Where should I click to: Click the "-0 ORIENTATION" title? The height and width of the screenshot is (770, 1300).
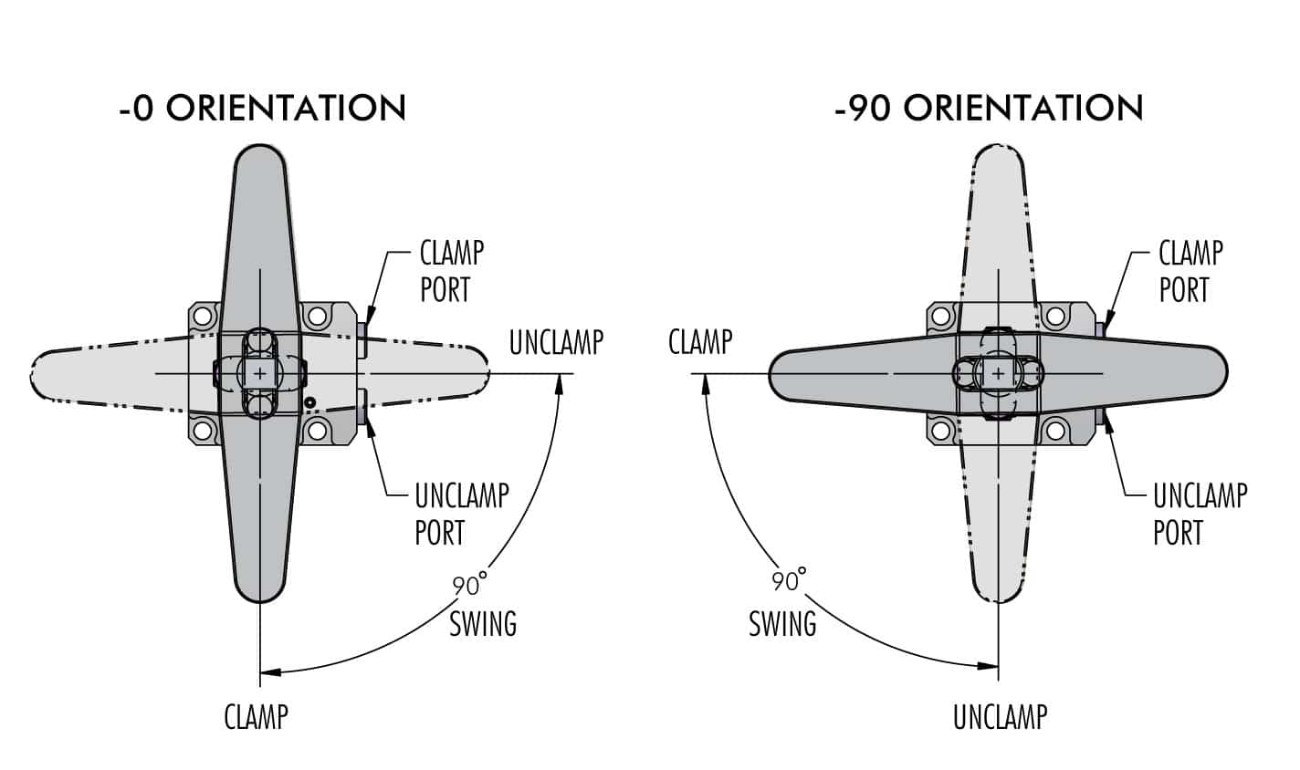coord(262,108)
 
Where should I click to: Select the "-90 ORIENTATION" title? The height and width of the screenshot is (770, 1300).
coord(989,108)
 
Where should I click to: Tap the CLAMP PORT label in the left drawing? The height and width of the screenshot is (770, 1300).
coord(451,271)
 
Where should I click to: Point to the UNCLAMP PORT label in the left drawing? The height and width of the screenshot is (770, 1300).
coord(460,514)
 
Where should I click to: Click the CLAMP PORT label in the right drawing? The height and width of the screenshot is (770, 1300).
coord(1190,271)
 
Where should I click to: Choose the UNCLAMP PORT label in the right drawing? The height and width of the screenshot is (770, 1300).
coord(1199,514)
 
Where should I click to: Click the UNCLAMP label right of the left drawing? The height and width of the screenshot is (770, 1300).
coord(556,342)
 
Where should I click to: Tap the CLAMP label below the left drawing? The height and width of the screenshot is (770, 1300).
coord(256,716)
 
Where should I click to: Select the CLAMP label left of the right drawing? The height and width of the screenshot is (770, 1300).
coord(700,342)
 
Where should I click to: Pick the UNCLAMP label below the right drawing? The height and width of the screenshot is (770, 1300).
coord(1000,716)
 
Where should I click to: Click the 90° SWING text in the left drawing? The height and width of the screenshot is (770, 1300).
coord(481,605)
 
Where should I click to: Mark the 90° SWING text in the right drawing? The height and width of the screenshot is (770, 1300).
coord(784,605)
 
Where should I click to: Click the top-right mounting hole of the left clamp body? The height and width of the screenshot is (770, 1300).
coord(317,317)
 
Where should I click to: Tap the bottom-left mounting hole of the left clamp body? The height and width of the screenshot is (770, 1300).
coord(204,430)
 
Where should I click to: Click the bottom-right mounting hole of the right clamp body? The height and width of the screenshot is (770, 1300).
coord(1055,430)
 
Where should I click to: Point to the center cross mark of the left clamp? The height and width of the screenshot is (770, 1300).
coord(261,373)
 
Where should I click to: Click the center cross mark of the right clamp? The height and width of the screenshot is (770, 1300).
coord(999,373)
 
